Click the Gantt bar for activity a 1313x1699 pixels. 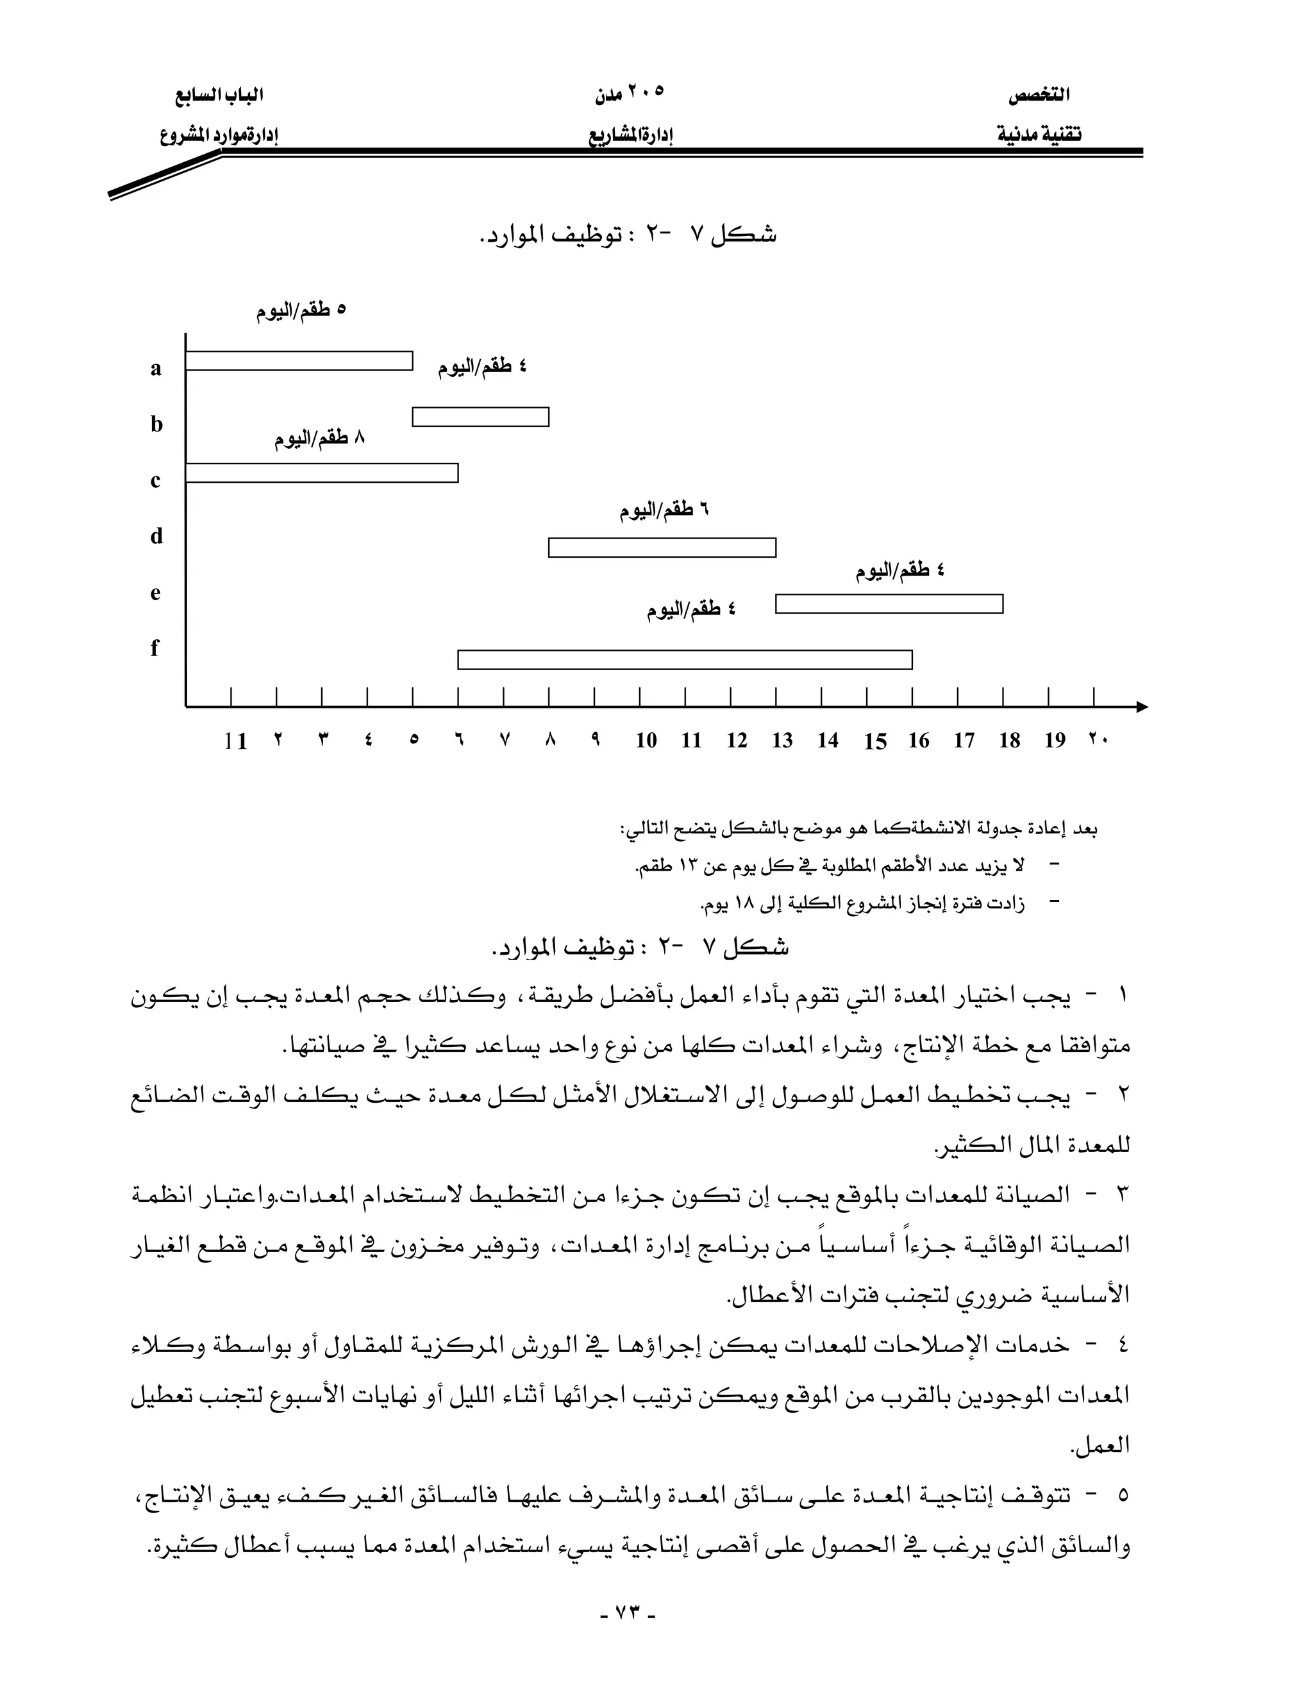299,361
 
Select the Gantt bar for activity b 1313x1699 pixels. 480,417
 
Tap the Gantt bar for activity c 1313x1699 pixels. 321,473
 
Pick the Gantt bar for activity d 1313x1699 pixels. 662,548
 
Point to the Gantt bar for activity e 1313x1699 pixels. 889,604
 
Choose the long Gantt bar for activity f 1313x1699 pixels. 685,660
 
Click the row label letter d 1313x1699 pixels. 156,536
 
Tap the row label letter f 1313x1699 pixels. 155,648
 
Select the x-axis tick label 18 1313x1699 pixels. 1009,741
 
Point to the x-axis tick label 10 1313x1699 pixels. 646,741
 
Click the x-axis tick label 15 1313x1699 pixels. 874,741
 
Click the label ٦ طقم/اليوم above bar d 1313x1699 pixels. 664,511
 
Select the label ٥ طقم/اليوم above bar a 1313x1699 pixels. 301,310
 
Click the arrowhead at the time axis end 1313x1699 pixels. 1141,707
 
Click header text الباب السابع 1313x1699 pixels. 219,96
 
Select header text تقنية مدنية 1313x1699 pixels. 1039,135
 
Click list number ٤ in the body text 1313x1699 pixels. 1123,1345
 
